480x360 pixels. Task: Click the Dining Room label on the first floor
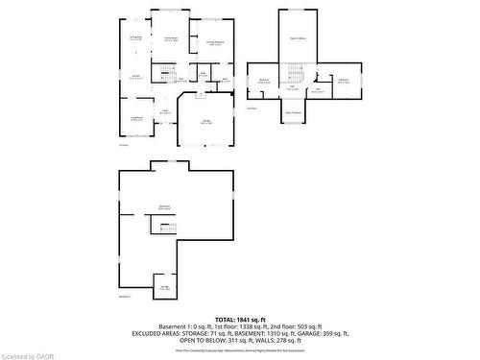point(135,38)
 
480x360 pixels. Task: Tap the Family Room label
point(170,39)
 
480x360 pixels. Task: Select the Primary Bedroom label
point(215,43)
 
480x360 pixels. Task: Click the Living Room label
point(137,119)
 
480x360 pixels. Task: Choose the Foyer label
point(165,111)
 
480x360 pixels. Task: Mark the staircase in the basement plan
point(164,228)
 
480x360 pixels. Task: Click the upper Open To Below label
point(298,39)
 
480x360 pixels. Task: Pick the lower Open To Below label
point(294,112)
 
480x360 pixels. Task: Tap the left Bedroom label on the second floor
point(264,81)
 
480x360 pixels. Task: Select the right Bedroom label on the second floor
point(344,81)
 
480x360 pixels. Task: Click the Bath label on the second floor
point(318,91)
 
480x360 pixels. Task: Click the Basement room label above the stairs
point(164,207)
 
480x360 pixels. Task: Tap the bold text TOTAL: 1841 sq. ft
point(240,318)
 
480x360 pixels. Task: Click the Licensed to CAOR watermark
point(28,353)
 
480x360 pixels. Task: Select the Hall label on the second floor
point(292,88)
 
